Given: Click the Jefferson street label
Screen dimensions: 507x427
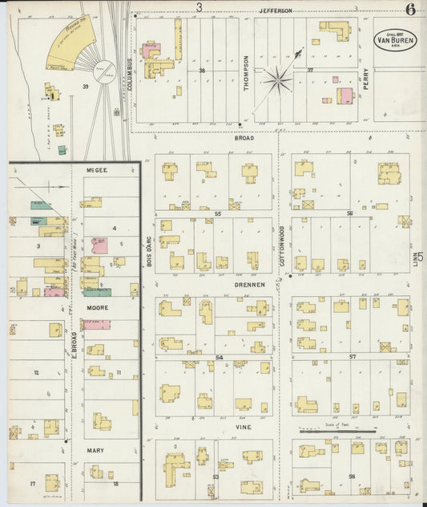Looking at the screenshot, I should [275, 10].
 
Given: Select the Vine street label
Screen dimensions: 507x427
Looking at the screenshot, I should [243, 428].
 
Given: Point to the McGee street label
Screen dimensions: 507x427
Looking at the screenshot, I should [96, 170].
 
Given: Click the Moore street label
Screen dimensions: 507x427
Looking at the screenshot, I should [96, 307].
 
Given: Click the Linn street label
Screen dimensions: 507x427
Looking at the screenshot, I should [417, 263].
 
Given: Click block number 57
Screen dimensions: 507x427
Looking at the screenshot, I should [351, 355].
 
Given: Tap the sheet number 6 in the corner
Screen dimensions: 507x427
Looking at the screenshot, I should [409, 10].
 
